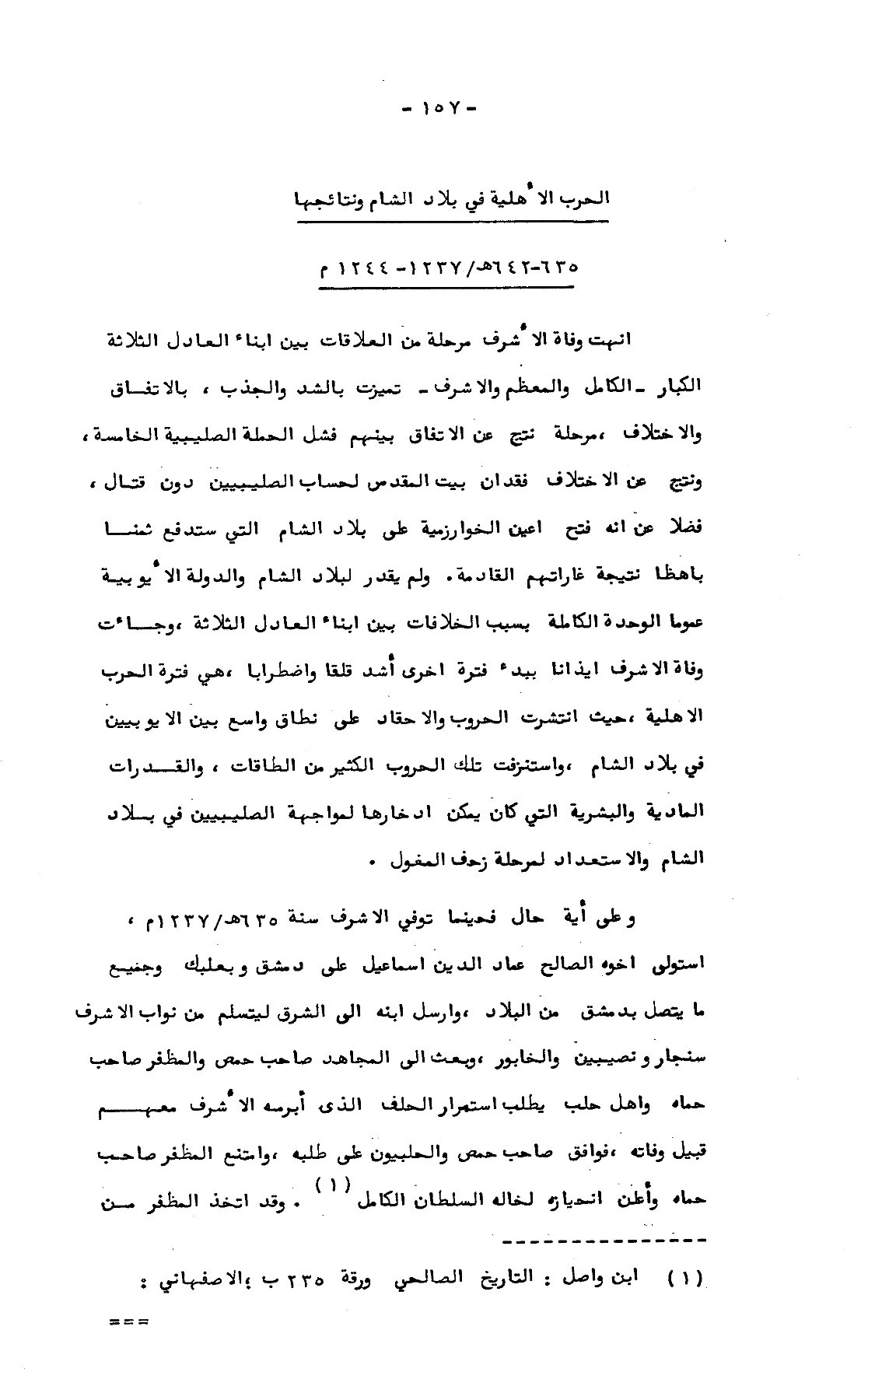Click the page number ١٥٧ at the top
point(439,108)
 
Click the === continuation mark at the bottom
point(129,1320)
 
